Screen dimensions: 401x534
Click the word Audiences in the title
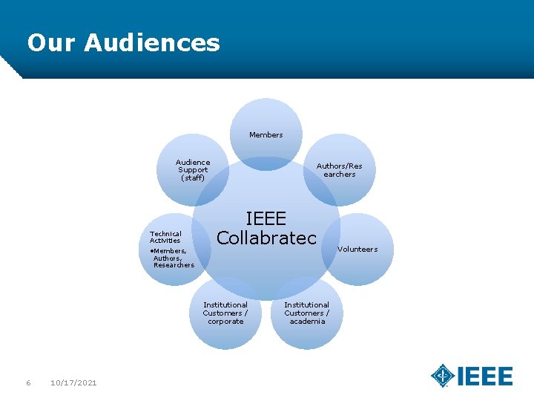(152, 42)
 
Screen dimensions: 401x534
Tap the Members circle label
(266, 135)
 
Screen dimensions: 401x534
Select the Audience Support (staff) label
(193, 170)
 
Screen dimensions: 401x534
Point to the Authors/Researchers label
(339, 170)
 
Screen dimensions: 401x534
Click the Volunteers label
(357, 250)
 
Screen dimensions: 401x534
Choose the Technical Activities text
(165, 237)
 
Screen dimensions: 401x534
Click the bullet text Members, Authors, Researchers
(172, 258)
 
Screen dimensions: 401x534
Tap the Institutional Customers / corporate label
(225, 313)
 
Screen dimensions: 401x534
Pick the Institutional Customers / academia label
(307, 313)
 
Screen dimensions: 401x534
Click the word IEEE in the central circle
(266, 219)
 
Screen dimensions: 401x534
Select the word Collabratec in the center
(266, 238)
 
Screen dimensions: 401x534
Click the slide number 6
(28, 382)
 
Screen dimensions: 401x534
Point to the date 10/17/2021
(73, 382)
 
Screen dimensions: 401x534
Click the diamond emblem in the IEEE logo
(443, 376)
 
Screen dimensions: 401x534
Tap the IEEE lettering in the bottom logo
(484, 376)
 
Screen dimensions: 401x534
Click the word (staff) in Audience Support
(193, 178)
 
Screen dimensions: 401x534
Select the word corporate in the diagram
(225, 322)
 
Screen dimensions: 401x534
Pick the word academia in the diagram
(307, 322)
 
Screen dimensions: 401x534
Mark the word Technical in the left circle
(165, 233)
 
